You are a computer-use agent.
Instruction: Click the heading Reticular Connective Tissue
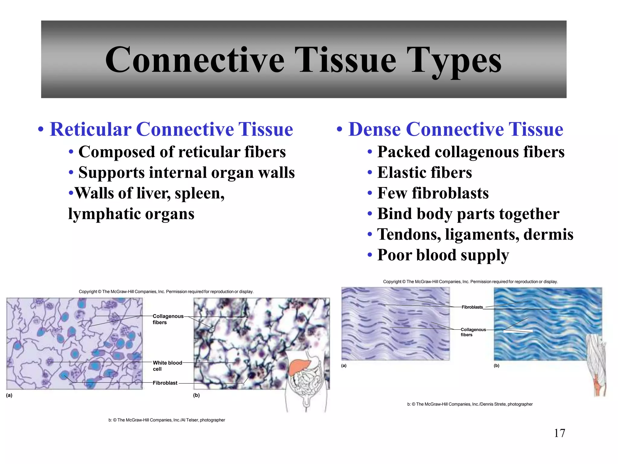pos(171,129)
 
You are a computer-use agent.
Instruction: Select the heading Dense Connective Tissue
pos(455,129)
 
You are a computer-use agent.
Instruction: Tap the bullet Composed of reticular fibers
pos(182,152)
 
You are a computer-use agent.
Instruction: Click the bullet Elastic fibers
pos(424,173)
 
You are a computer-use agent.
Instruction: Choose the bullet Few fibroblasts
pos(433,193)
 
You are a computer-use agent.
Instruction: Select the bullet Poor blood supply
pos(443,255)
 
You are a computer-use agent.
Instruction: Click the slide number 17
pos(559,433)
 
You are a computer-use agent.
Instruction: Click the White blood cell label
pos(167,366)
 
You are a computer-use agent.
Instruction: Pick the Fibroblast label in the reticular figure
pos(165,383)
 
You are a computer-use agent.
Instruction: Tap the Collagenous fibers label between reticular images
pos(168,319)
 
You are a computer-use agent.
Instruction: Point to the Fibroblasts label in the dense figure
pos(472,307)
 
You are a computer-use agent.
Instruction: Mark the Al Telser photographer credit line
pos(167,420)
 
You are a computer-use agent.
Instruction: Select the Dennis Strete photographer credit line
pos(470,404)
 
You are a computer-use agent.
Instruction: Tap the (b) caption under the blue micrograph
pos(496,366)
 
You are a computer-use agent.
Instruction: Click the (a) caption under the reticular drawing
pos(9,395)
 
